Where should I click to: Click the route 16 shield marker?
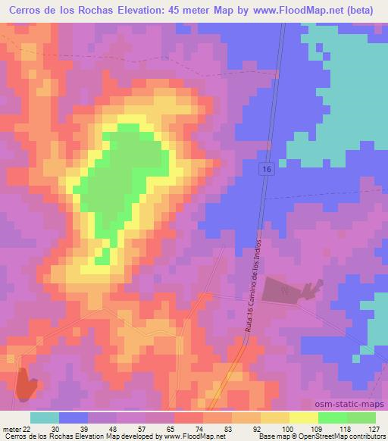266,170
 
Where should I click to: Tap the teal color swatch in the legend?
45,418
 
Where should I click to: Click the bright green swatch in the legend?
332,418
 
